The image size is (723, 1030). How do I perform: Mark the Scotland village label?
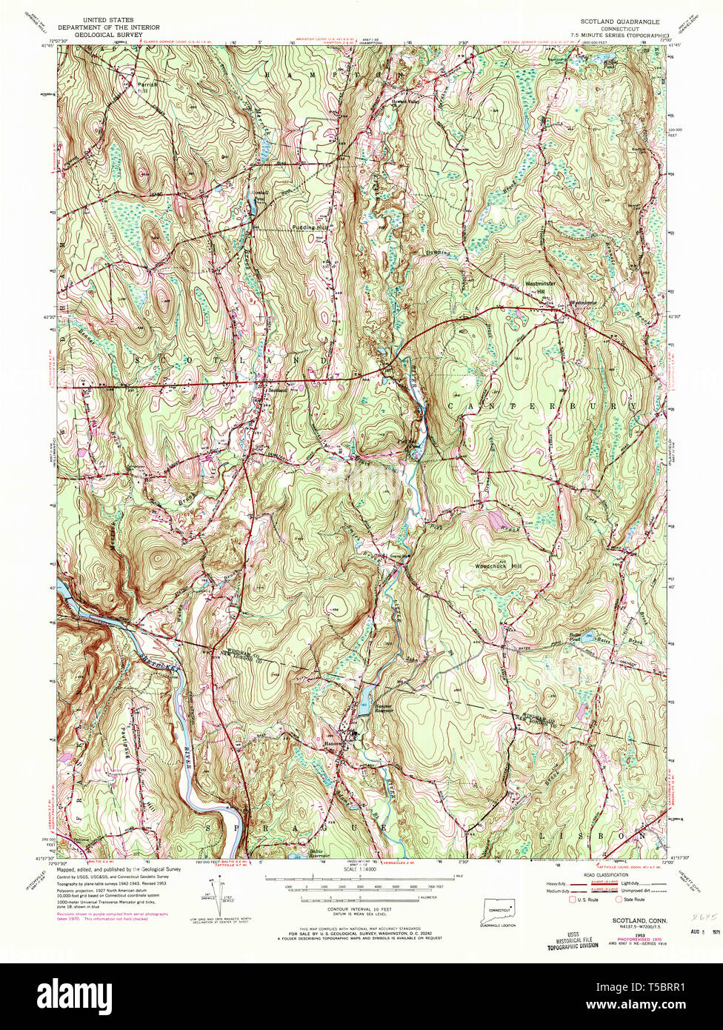[277, 391]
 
